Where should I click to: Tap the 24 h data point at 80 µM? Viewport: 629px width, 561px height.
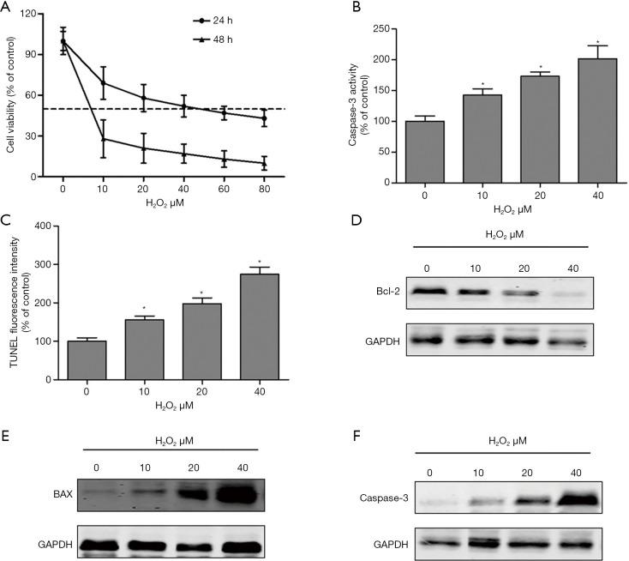tap(264, 118)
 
